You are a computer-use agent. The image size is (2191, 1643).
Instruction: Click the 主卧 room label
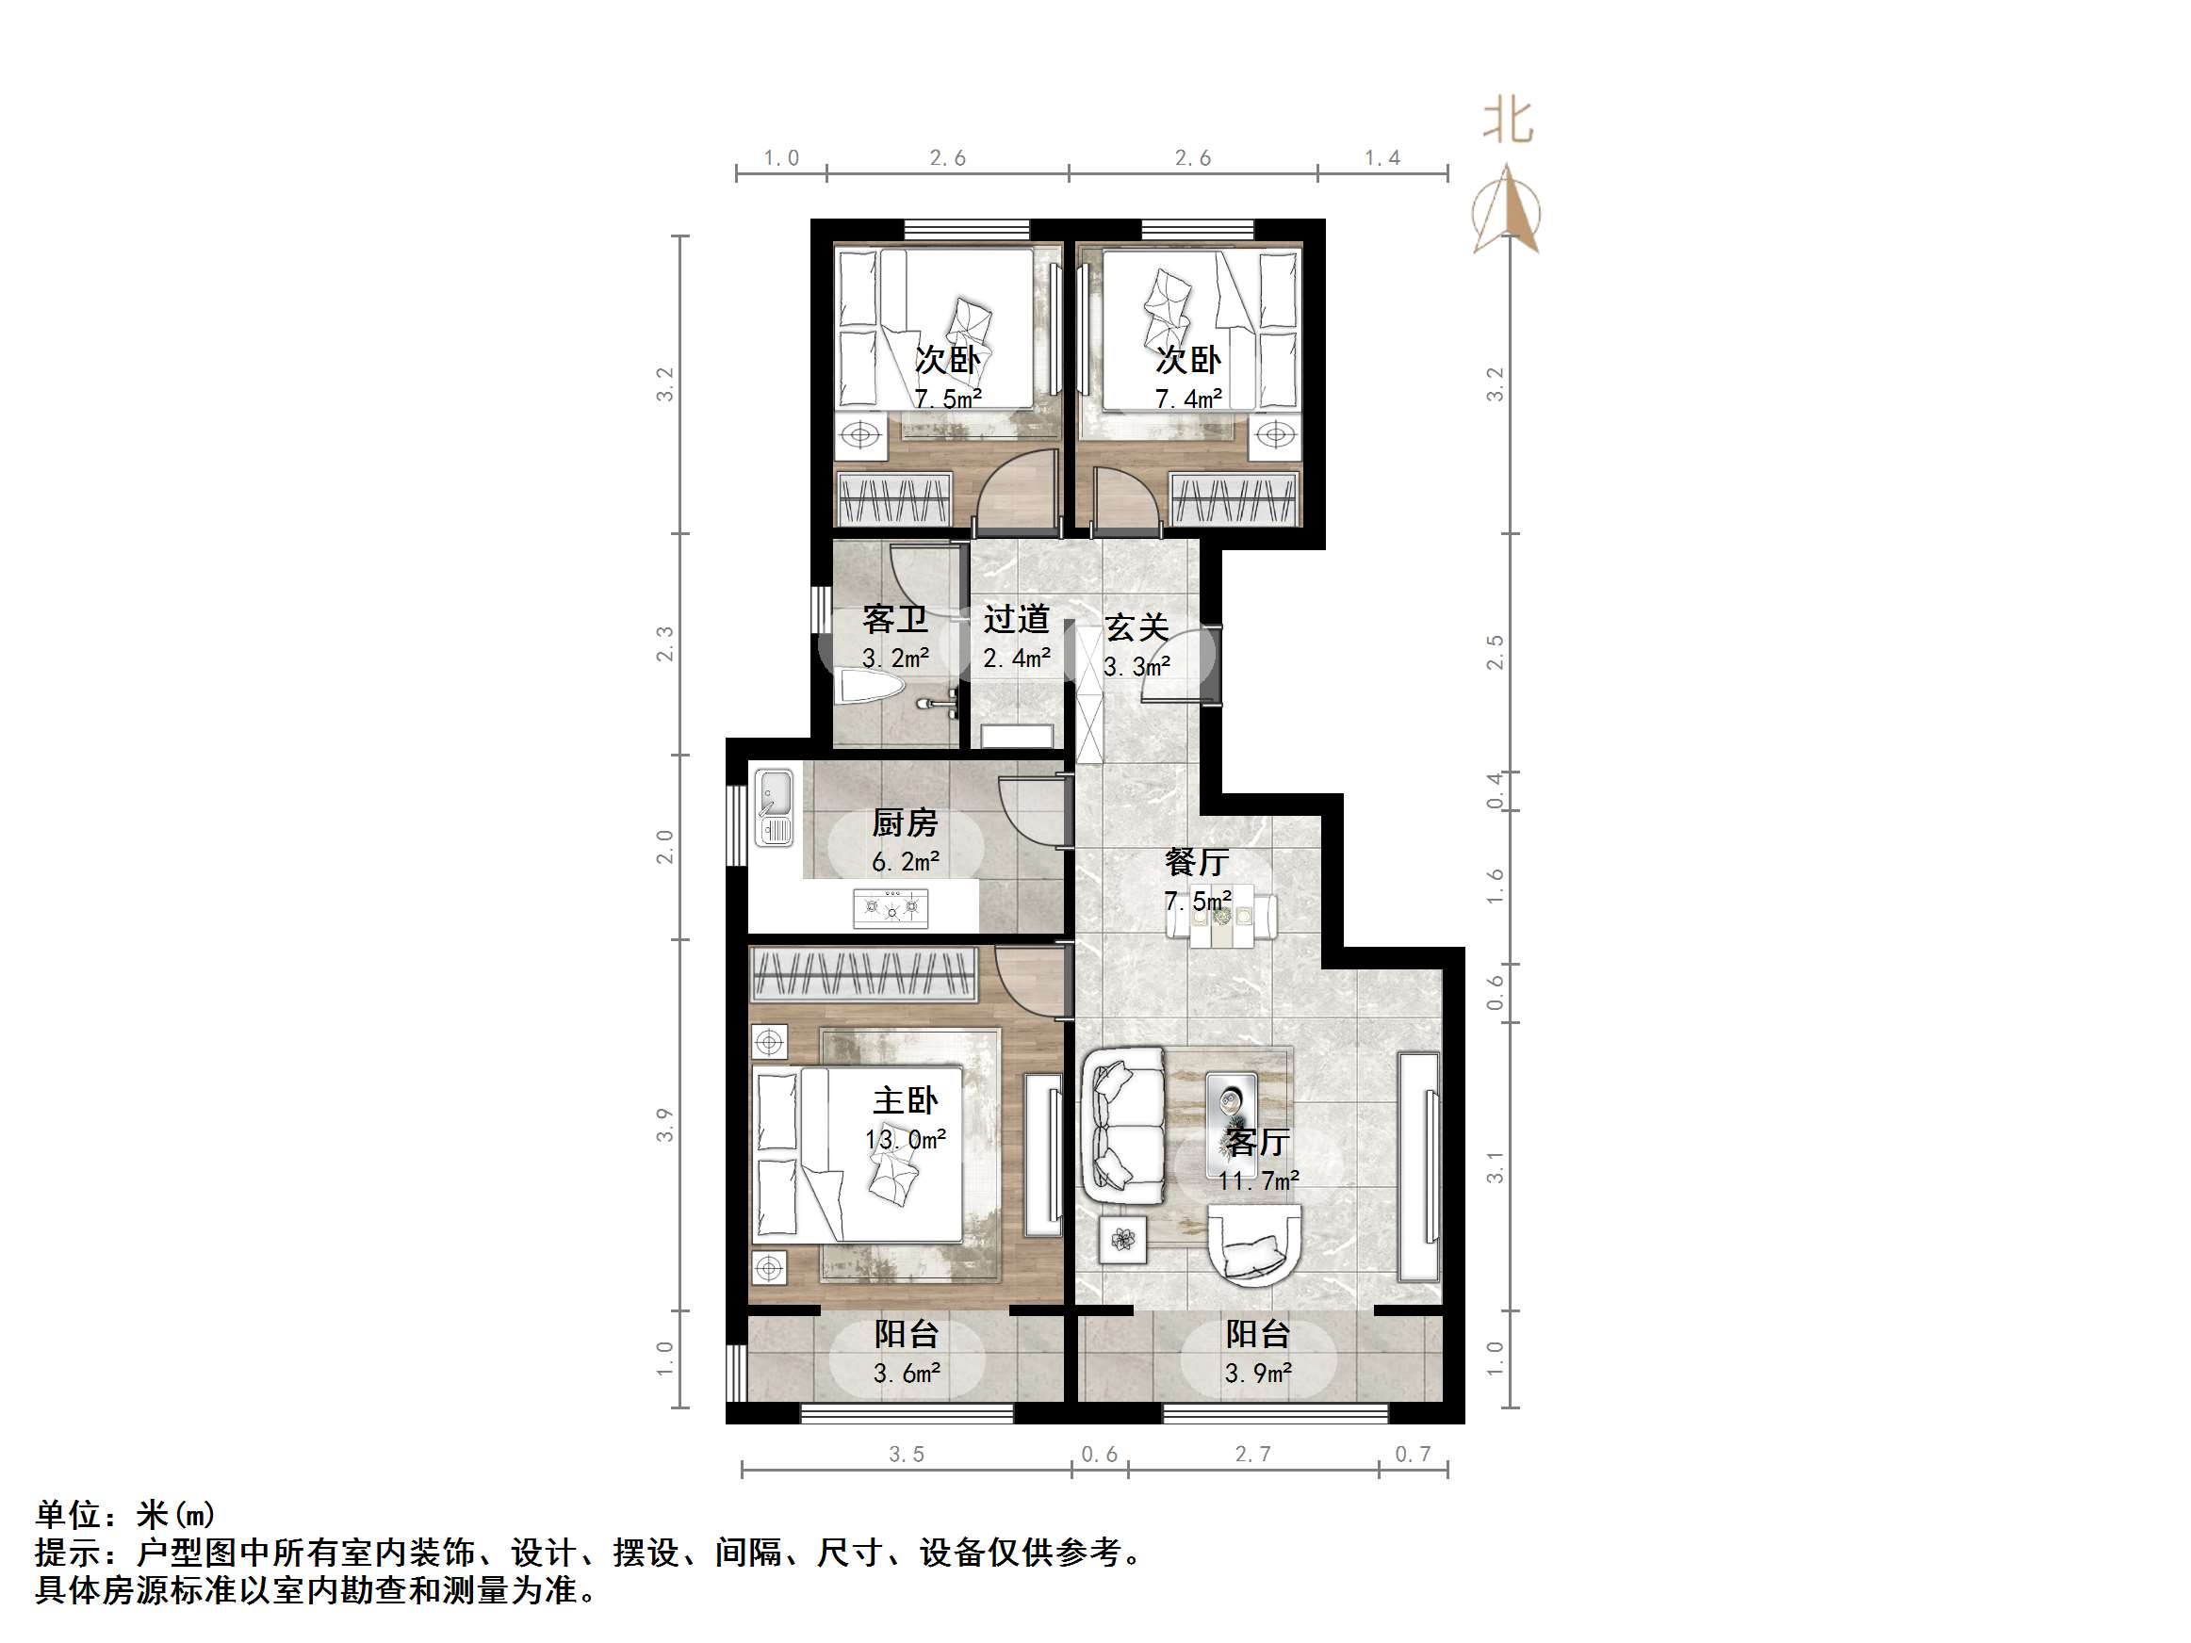[x=905, y=1100]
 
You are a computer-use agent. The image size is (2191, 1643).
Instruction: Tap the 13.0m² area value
[x=906, y=1140]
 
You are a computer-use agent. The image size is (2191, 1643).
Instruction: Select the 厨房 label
[x=905, y=823]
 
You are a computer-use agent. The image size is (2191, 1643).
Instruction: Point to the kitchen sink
[x=775, y=807]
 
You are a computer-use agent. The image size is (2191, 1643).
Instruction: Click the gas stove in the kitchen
[x=891, y=907]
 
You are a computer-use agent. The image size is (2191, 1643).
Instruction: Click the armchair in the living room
[x=1254, y=1244]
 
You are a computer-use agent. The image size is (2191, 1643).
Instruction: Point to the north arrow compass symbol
[x=1507, y=211]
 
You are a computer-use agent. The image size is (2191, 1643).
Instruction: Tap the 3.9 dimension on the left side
[x=664, y=1124]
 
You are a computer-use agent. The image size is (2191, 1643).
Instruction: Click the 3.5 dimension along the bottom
[x=906, y=1454]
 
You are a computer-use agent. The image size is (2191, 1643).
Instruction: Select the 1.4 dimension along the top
[x=1382, y=158]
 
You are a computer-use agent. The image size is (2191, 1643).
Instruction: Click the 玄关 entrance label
[x=1137, y=627]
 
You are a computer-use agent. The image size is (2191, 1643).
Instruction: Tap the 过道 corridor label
[x=1016, y=620]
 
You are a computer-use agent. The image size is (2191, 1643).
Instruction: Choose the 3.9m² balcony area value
[x=1258, y=1374]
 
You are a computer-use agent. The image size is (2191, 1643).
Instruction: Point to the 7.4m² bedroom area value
[x=1188, y=399]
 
